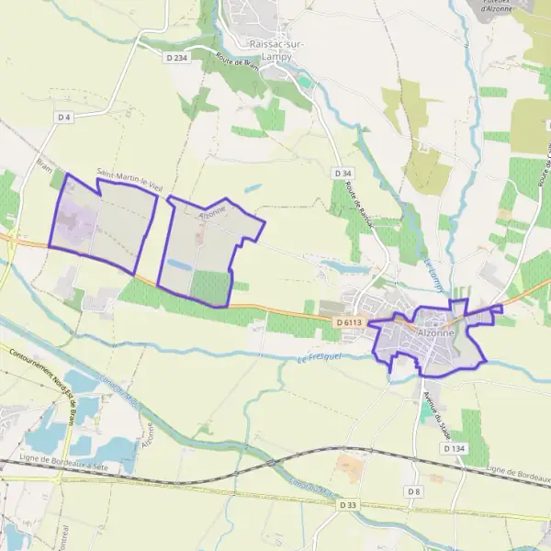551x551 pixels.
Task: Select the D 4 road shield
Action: pos(63,117)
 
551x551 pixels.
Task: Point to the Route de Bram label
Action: pos(235,63)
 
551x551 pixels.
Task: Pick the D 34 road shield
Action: pos(343,174)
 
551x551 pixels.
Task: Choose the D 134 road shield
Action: pos(454,448)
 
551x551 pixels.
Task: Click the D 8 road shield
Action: pos(414,492)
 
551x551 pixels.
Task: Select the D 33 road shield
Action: pos(347,505)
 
